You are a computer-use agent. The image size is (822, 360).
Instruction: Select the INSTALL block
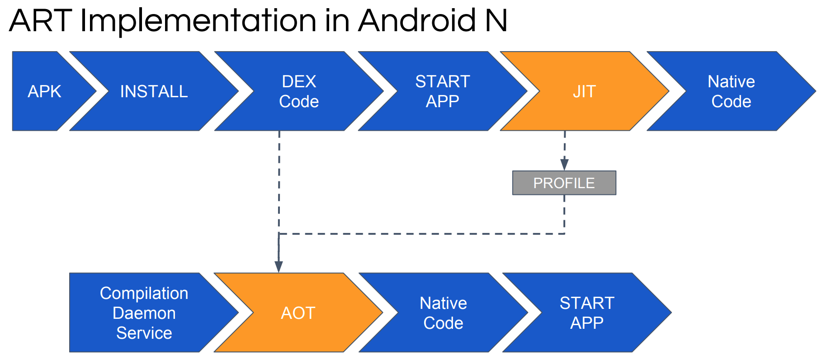pos(154,91)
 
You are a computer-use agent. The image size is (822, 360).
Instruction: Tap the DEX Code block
pos(299,91)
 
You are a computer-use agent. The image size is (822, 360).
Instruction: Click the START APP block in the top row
pos(443,91)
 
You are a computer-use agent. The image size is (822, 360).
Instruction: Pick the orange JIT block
pos(584,91)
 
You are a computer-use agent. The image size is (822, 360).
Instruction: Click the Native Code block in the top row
pos(731,91)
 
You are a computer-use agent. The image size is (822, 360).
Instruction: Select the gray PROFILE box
pos(564,183)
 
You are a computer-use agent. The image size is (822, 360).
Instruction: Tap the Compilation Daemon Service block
pos(144,313)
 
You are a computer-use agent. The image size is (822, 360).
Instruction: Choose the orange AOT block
pos(298,313)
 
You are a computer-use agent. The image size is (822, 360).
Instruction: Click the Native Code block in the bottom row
pos(443,313)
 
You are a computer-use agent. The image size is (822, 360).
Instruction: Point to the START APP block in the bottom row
pos(587,313)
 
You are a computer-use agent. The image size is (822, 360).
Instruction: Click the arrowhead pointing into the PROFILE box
pos(564,164)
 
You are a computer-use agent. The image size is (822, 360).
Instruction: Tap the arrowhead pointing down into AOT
pos(279,266)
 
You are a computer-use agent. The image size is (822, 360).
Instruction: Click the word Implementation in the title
pos(198,21)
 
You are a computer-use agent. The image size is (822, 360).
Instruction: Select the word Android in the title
pos(416,21)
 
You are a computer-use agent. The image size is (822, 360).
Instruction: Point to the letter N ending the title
pos(496,21)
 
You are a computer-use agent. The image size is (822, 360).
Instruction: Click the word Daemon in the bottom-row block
pos(144,313)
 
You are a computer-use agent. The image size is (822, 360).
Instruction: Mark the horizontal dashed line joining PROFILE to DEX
pos(420,234)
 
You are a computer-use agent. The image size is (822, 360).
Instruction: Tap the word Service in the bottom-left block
pos(144,333)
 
